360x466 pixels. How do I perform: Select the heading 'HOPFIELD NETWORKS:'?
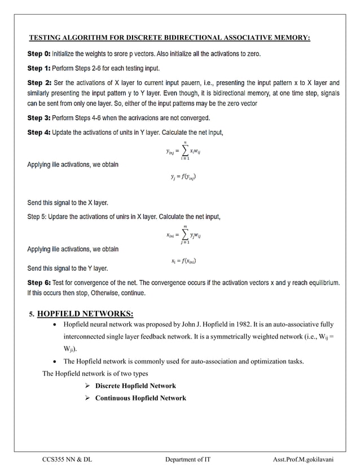[85, 314]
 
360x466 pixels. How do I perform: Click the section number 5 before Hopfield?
[32, 314]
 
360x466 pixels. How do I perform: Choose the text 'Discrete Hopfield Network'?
[135, 386]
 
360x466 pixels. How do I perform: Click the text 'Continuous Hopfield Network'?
[141, 398]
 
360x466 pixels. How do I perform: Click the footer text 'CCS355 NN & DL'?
[67, 459]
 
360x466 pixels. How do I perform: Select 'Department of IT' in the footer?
[188, 459]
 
